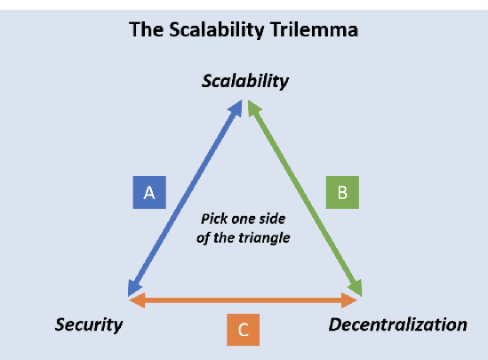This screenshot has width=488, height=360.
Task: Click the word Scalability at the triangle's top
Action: pos(245,82)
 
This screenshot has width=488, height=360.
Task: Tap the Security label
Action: pos(89,324)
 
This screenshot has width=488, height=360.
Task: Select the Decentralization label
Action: pos(398,324)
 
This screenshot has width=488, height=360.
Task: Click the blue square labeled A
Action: pos(149,192)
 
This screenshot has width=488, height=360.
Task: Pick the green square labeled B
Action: pos(342,192)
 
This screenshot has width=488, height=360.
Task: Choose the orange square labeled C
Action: pos(243,330)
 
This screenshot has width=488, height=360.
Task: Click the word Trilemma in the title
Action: pos(314,30)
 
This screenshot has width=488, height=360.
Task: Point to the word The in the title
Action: pos(147,30)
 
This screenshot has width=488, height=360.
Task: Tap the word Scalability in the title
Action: pos(217,30)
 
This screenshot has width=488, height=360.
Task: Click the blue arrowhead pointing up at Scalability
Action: pos(236,108)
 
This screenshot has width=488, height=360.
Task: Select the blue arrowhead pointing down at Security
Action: pos(134,287)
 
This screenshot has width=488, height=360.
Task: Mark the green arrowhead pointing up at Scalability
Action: pos(253,108)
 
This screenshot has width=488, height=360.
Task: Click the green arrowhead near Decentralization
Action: pos(356,287)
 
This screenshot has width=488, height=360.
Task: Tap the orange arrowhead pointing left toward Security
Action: pos(137,300)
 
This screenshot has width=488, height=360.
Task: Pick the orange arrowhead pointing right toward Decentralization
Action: pos(348,300)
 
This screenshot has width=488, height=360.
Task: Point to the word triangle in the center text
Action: pos(265,238)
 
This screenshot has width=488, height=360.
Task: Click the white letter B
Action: pos(342,193)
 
